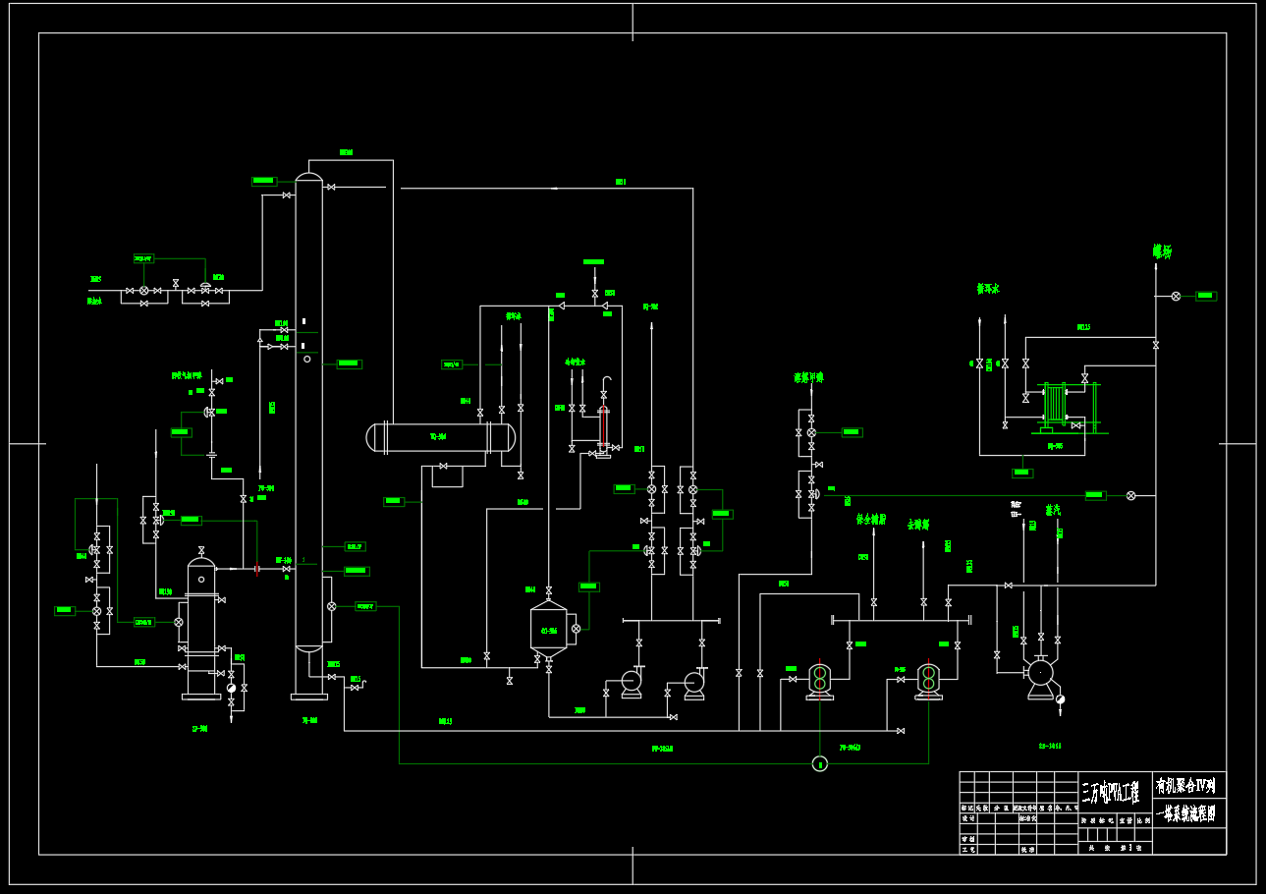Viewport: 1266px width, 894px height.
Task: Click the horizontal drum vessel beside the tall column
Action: (x=440, y=436)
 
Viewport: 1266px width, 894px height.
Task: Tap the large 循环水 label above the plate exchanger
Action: (x=987, y=289)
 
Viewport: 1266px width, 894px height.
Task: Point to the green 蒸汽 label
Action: (x=1053, y=510)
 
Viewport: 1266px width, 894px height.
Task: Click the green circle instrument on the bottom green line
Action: (x=820, y=763)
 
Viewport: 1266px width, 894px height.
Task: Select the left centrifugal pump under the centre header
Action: (x=630, y=682)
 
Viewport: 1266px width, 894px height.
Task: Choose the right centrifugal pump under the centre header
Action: (x=694, y=682)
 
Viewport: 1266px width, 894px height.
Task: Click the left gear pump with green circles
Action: (x=820, y=678)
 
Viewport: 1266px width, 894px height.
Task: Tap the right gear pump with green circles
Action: (x=928, y=678)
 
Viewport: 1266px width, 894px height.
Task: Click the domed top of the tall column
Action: (x=309, y=177)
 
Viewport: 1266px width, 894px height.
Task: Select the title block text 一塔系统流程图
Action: (x=1190, y=813)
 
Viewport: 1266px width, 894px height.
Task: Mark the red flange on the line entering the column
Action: (x=256, y=569)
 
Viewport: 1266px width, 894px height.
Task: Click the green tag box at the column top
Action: (x=263, y=181)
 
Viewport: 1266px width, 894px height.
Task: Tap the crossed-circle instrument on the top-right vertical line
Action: (x=1176, y=296)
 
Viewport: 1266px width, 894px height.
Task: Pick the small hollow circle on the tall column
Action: (x=307, y=359)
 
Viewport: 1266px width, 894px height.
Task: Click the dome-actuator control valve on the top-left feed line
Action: (x=205, y=288)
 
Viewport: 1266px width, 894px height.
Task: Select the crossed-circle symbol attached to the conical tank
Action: (x=576, y=628)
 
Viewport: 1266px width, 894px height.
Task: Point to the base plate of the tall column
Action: (x=309, y=697)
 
